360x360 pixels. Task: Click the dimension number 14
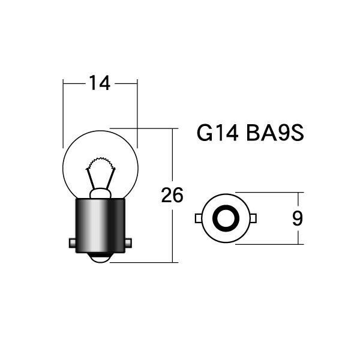pos(100,83)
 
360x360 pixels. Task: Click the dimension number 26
pos(172,195)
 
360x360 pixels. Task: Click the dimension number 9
pos(298,218)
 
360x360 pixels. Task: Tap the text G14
pos(217,133)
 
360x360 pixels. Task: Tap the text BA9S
pos(275,133)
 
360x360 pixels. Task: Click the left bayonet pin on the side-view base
pos(73,243)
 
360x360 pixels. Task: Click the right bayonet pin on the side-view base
pos(128,243)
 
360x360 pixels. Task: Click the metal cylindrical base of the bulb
pos(100,226)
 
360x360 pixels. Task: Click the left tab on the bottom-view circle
pos(199,218)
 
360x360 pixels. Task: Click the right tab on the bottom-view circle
pos(253,218)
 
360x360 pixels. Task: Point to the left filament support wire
pos(91,179)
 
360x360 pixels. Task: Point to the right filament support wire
pos(110,179)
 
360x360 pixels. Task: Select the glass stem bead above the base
pos(100,193)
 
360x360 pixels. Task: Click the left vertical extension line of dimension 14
pos(63,113)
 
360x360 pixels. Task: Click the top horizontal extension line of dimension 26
pos(144,128)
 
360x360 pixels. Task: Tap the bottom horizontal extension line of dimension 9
pos(269,244)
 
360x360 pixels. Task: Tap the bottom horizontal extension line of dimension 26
pos(144,262)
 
